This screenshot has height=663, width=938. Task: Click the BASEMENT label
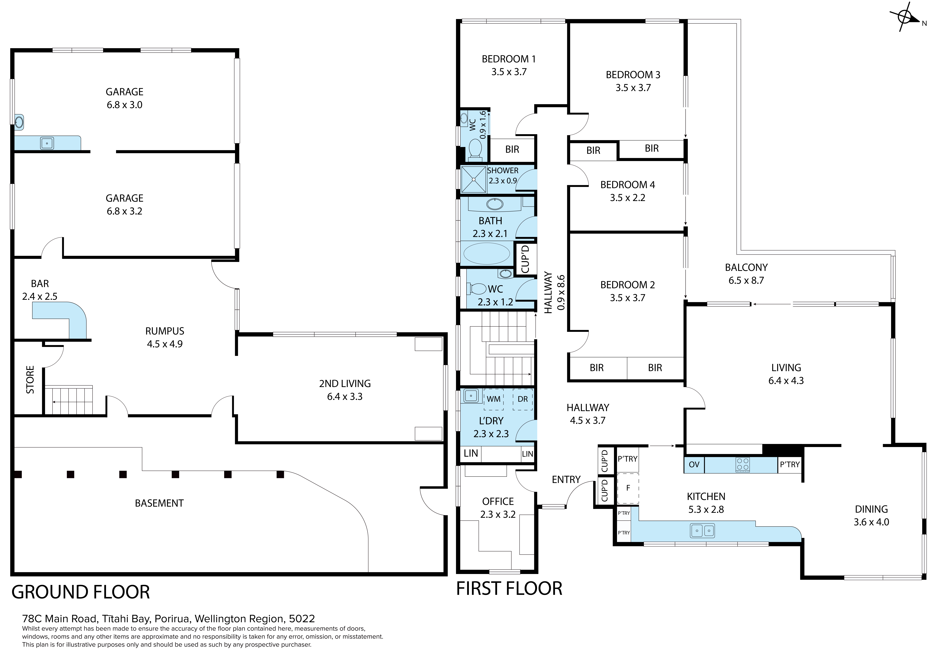[x=159, y=503]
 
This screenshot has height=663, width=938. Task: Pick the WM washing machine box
[x=493, y=399]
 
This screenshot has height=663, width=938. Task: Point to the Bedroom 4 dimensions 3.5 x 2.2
[x=628, y=198]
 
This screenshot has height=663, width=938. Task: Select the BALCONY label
[x=746, y=268]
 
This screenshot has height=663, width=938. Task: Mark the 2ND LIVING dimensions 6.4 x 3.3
[x=345, y=397]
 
